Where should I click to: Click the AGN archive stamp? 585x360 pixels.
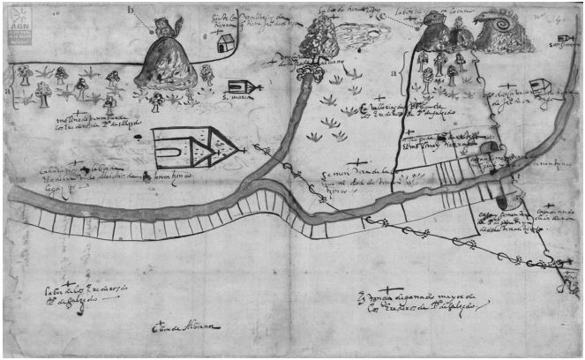coord(17,26)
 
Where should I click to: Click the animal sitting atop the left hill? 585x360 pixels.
coord(165,25)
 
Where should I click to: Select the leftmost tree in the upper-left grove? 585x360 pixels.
coord(22,74)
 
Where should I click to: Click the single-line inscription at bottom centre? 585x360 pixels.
coord(185,328)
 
